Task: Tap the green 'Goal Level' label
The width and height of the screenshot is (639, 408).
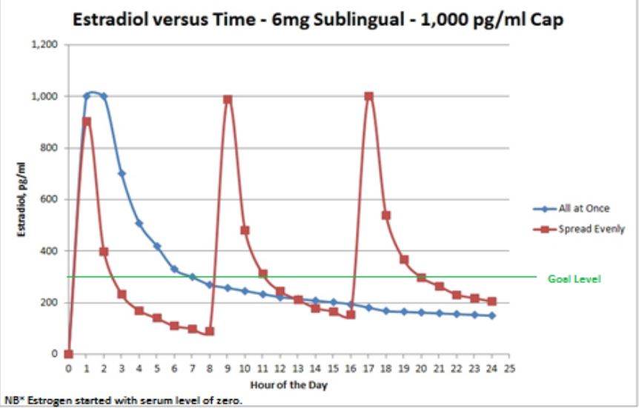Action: click(x=574, y=279)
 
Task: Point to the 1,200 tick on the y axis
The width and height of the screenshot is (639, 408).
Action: click(x=45, y=45)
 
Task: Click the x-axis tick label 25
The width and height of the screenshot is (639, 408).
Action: click(x=509, y=367)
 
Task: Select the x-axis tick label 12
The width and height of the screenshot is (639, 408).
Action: click(x=280, y=367)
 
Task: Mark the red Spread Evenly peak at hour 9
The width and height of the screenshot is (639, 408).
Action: click(x=228, y=99)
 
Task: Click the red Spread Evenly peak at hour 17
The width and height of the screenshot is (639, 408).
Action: click(x=368, y=96)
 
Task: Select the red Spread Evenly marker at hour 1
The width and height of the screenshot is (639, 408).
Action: click(x=87, y=121)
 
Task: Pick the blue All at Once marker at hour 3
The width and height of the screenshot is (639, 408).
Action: click(x=122, y=173)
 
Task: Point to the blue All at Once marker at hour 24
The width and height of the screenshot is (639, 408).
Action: click(x=491, y=315)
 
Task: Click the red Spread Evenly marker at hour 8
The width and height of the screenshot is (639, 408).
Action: click(x=210, y=331)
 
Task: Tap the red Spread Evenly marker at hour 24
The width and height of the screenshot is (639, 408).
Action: click(x=491, y=301)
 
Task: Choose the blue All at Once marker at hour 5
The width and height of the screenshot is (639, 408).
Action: click(x=157, y=246)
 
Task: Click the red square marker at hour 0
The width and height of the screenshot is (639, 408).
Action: click(x=69, y=354)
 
